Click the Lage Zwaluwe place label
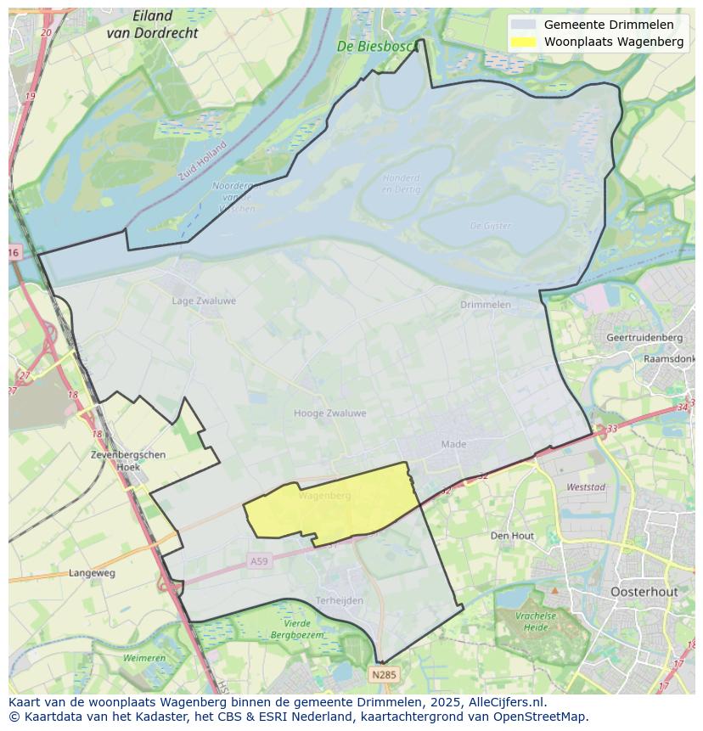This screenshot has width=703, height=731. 204,301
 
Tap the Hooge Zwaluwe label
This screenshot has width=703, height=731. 329,413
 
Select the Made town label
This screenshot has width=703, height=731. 453,444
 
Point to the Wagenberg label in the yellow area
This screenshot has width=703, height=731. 324,495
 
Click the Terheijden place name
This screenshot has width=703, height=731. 339,600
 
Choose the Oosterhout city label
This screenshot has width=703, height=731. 644,592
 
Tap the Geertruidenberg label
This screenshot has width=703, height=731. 644,337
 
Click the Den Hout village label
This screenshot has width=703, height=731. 512,536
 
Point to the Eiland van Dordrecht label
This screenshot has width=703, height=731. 153,25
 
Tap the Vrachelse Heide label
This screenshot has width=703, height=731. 535,621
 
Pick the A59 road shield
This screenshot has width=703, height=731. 258,561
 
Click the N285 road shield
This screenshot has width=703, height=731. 384,675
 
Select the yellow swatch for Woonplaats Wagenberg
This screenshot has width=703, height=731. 523,42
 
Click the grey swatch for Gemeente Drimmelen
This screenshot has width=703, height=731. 523,25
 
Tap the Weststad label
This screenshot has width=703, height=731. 585,487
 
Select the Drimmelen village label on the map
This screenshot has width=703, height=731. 485,304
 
